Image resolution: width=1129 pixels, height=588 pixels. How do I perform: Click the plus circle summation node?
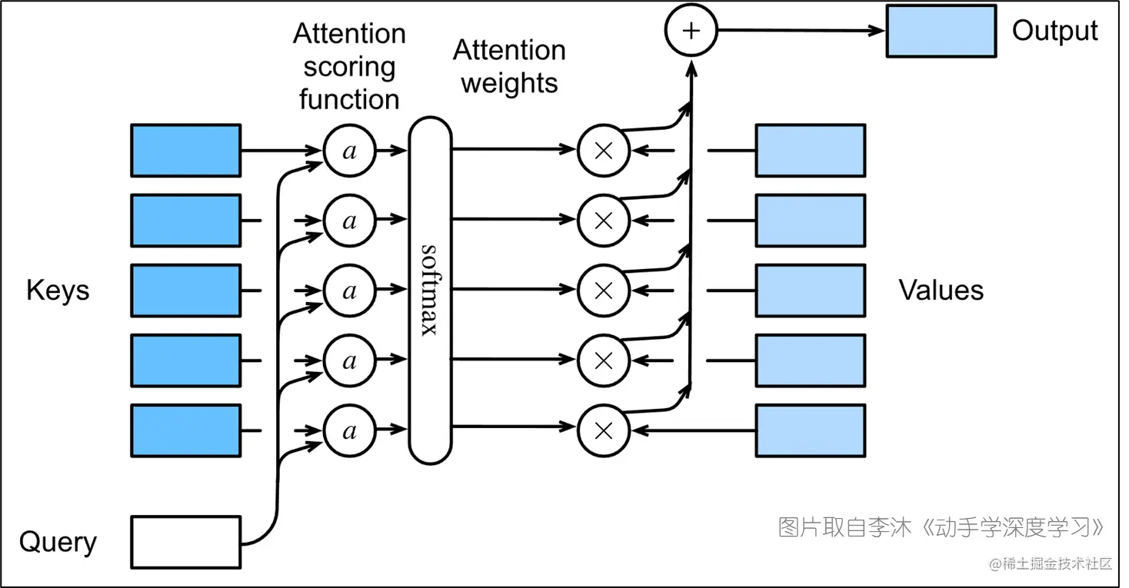pyautogui.click(x=691, y=31)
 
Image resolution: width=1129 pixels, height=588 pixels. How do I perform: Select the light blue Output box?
pyautogui.click(x=941, y=32)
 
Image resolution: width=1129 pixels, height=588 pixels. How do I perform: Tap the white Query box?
pyautogui.click(x=186, y=541)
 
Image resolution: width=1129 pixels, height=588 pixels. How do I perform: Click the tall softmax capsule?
pyautogui.click(x=430, y=290)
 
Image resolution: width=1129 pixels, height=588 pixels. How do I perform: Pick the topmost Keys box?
pyautogui.click(x=186, y=150)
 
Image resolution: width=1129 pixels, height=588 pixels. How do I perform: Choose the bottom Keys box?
pyautogui.click(x=186, y=430)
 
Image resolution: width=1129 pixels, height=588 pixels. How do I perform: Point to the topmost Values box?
pyautogui.click(x=810, y=150)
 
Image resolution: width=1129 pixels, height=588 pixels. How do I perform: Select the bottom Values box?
pyautogui.click(x=810, y=430)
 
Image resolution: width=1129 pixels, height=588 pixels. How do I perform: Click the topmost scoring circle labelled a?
pyautogui.click(x=350, y=151)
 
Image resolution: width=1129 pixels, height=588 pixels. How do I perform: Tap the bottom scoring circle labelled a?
pyautogui.click(x=350, y=430)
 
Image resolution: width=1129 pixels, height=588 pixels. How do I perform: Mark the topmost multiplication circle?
pyautogui.click(x=604, y=151)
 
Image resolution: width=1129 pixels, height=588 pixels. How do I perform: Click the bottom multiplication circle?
pyautogui.click(x=604, y=430)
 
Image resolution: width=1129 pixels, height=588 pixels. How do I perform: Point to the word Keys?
pyautogui.click(x=58, y=291)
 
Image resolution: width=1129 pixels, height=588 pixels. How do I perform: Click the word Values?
pyautogui.click(x=941, y=291)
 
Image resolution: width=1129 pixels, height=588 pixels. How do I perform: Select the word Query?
pyautogui.click(x=58, y=542)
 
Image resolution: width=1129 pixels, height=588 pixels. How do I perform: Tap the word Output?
pyautogui.click(x=1054, y=31)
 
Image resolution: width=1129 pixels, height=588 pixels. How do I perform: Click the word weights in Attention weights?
pyautogui.click(x=509, y=83)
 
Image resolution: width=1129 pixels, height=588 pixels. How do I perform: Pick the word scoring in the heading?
pyautogui.click(x=349, y=67)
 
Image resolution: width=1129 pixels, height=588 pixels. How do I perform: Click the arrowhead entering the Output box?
pyautogui.click(x=878, y=32)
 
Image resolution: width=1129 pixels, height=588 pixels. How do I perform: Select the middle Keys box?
pyautogui.click(x=186, y=291)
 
